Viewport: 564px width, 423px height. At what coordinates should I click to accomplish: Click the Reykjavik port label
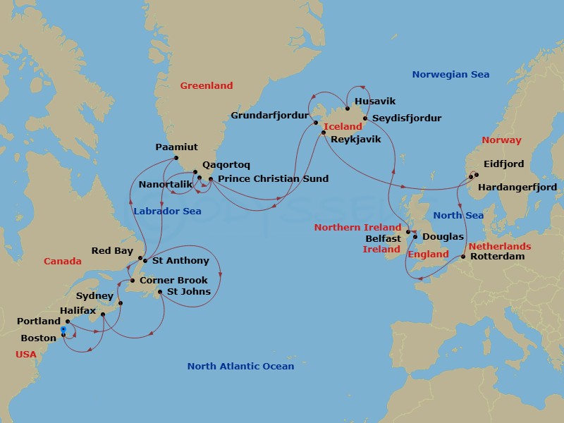click(355, 140)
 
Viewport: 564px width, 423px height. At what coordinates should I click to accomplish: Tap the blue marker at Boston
click(63, 329)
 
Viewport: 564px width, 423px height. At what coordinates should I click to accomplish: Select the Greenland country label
click(206, 86)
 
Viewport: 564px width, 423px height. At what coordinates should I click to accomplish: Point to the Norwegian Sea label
click(450, 75)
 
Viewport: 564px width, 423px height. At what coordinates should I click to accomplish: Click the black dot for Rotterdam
click(462, 257)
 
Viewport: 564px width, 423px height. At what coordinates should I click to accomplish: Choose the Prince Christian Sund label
click(273, 179)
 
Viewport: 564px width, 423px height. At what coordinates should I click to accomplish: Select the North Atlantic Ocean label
click(240, 367)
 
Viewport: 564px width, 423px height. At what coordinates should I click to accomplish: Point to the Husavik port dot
click(348, 109)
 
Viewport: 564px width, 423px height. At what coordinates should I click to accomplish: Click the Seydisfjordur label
click(407, 118)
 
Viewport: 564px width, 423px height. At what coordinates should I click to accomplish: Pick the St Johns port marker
click(160, 292)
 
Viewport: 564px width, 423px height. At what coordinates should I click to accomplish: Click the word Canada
click(63, 262)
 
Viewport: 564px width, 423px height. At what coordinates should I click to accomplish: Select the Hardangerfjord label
click(517, 188)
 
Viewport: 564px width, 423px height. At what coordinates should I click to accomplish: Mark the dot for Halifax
click(103, 314)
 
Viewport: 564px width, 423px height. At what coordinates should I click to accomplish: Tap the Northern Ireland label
click(357, 228)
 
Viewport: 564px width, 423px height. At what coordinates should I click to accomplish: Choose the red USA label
click(26, 355)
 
